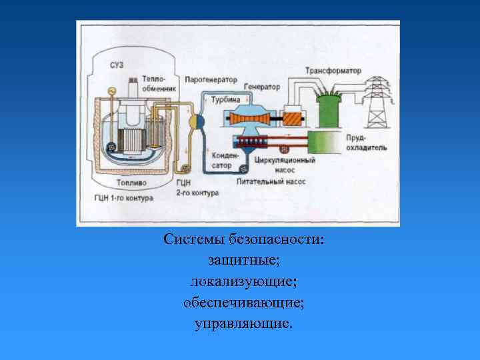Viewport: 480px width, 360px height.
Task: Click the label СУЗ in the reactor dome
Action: click(x=116, y=65)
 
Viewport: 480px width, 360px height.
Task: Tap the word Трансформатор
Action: click(x=333, y=71)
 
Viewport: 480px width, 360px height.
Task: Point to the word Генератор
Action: click(x=262, y=87)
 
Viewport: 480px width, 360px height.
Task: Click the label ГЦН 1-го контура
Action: click(x=124, y=198)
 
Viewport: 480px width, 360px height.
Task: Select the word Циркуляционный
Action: click(x=280, y=161)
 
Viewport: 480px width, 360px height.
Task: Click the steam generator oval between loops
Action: click(x=197, y=121)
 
